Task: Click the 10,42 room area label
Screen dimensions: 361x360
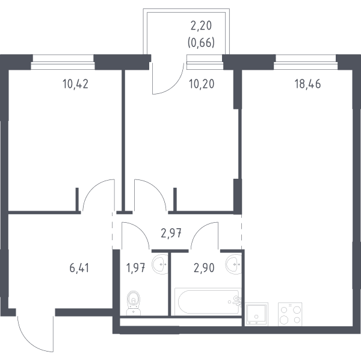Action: coord(75,84)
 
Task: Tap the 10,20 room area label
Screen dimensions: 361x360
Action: coord(202,84)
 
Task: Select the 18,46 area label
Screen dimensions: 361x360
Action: coord(307,84)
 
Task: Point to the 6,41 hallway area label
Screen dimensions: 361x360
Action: coord(79,268)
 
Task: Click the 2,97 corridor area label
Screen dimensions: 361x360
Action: coord(171,234)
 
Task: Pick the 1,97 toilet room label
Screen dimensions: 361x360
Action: coord(135,268)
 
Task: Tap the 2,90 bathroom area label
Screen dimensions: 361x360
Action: coord(204,268)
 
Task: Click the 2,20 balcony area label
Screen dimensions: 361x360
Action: coord(201,26)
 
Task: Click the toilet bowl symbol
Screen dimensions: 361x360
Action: coord(134,303)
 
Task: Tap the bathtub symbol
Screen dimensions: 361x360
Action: coord(208,302)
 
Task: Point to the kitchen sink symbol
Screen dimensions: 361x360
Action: coord(256,314)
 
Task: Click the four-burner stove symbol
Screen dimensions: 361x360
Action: coord(290,314)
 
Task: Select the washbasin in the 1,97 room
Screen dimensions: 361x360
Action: coord(160,264)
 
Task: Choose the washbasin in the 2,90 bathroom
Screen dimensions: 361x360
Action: coord(233,264)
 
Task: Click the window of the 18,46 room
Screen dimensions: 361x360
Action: coord(306,62)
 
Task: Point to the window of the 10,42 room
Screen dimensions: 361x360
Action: coord(63,62)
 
